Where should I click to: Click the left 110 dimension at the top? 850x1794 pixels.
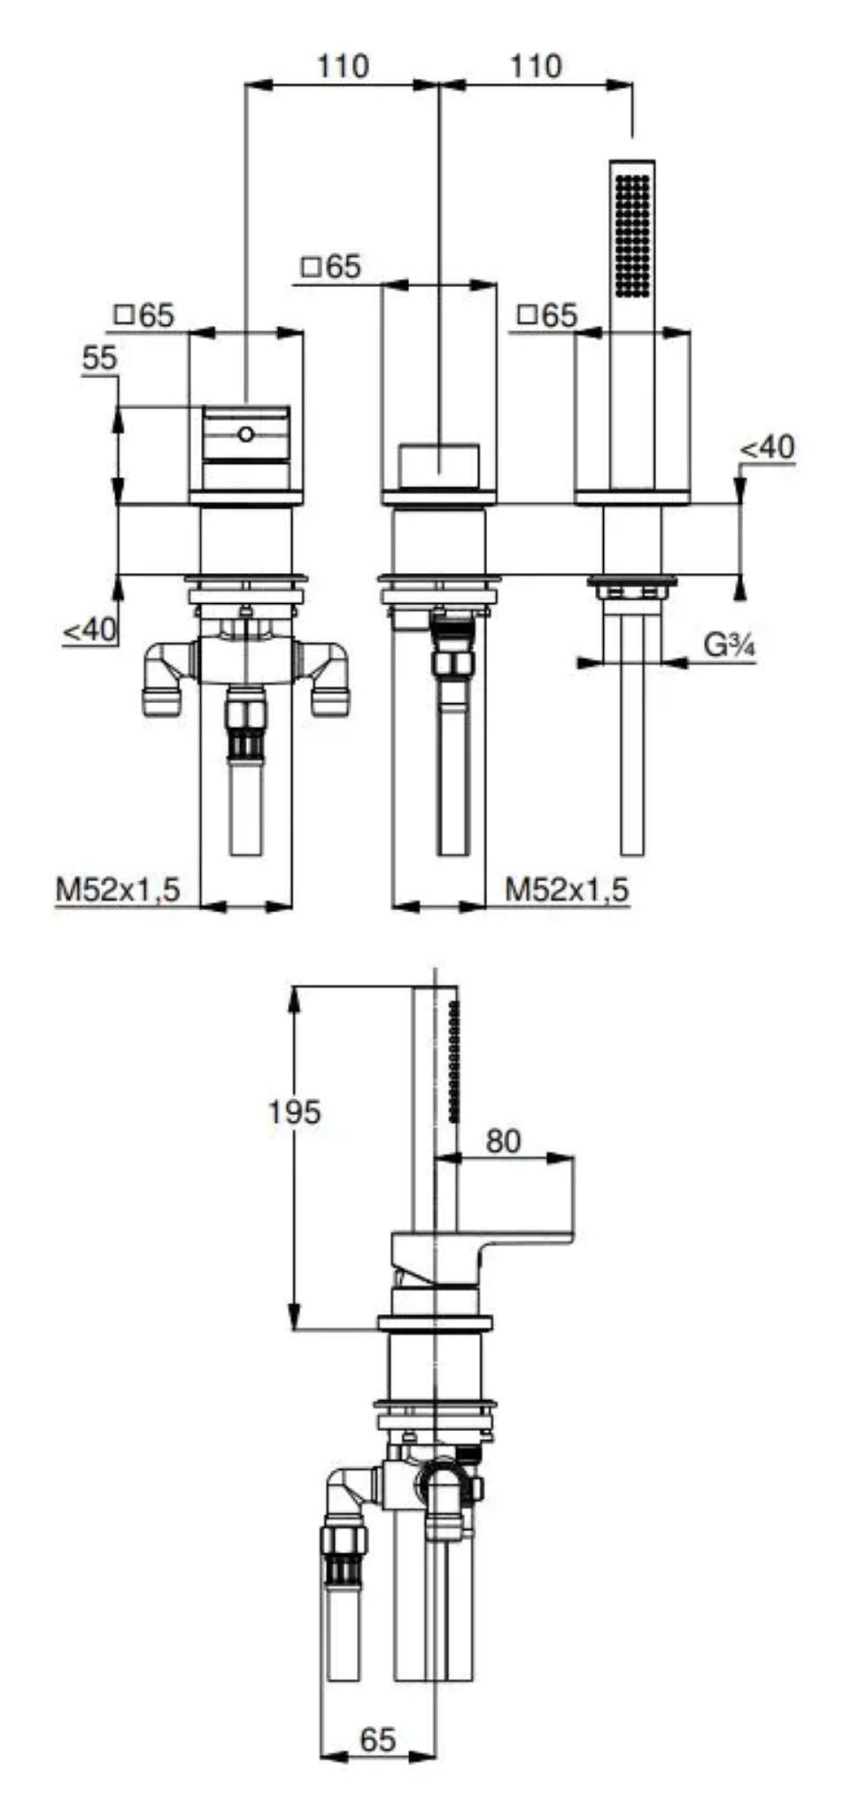click(343, 66)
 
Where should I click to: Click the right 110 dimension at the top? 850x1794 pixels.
click(536, 66)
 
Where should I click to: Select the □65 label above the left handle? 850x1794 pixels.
click(145, 315)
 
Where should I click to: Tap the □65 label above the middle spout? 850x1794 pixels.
click(331, 267)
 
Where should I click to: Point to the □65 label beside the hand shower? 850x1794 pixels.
click(547, 315)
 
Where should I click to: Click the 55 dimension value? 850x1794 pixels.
click(99, 359)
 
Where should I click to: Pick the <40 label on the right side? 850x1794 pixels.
click(768, 446)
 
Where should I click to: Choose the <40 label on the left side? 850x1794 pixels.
click(89, 630)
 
